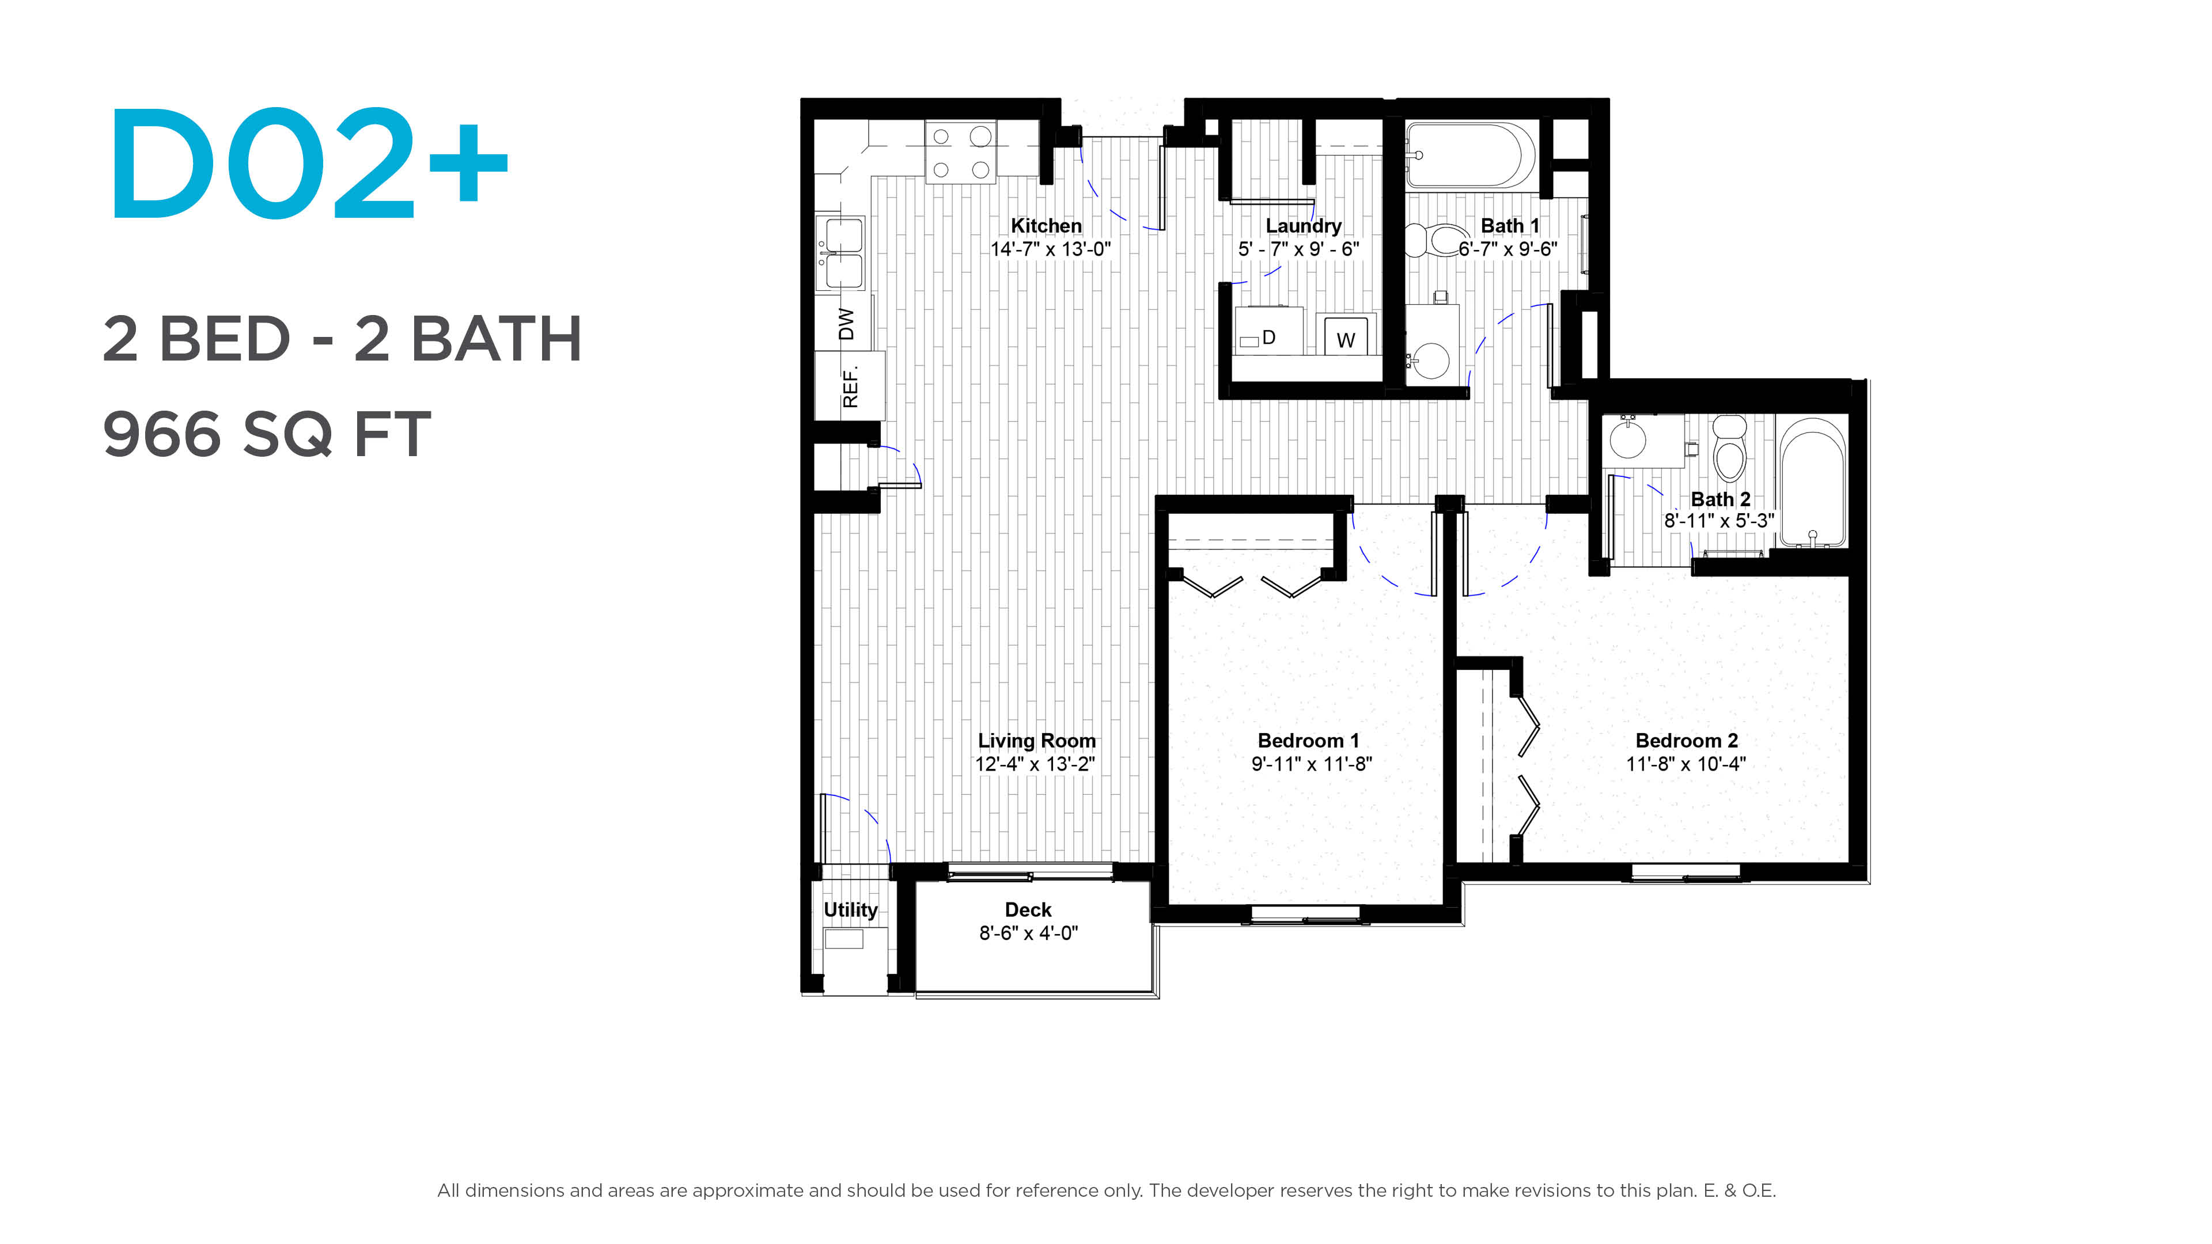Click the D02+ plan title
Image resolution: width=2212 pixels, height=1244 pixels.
pyautogui.click(x=309, y=162)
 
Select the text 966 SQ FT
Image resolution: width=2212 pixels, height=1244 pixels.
pyautogui.click(x=266, y=434)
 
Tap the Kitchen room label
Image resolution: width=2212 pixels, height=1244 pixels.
pyautogui.click(x=1046, y=225)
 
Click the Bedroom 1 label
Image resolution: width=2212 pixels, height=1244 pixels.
pyautogui.click(x=1309, y=740)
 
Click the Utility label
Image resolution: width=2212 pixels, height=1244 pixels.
pyautogui.click(x=850, y=909)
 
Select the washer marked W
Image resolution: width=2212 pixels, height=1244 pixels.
pyautogui.click(x=1346, y=335)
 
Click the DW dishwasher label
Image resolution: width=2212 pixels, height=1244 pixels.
pyautogui.click(x=846, y=324)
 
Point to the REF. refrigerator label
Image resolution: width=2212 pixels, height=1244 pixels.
pyautogui.click(x=850, y=387)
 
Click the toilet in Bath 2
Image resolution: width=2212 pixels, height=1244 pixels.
pyautogui.click(x=1729, y=447)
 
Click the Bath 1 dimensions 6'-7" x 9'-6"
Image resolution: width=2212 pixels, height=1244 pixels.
pyautogui.click(x=1508, y=249)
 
